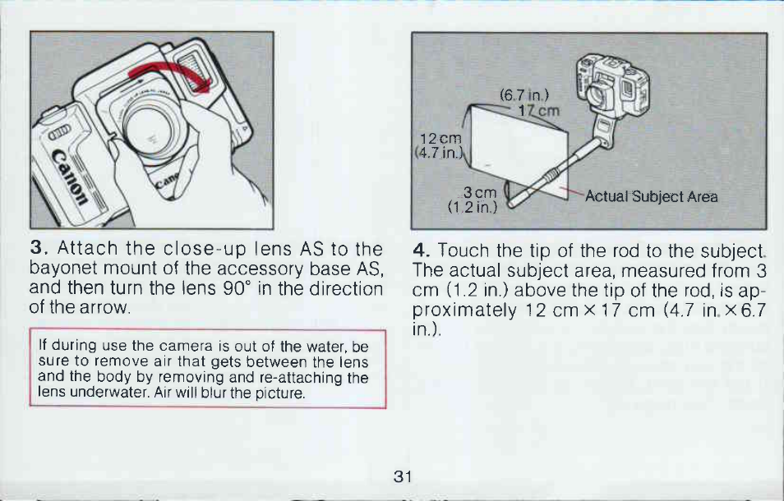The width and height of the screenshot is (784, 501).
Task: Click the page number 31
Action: coord(403,476)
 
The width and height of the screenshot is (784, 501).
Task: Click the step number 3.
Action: coord(37,248)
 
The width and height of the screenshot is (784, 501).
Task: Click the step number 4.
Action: coord(420,250)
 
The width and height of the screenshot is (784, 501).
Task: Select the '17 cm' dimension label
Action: coord(538,110)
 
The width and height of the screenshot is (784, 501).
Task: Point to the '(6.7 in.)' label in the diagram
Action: coord(524,94)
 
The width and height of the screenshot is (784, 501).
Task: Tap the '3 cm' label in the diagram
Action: coord(479,192)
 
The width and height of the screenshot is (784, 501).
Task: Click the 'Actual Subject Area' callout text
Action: coord(651,197)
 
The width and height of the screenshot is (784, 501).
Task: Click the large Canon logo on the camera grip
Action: coord(68,177)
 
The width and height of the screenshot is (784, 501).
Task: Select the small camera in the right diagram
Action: coord(612,86)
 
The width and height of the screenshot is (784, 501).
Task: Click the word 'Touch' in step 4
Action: coord(461,250)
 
